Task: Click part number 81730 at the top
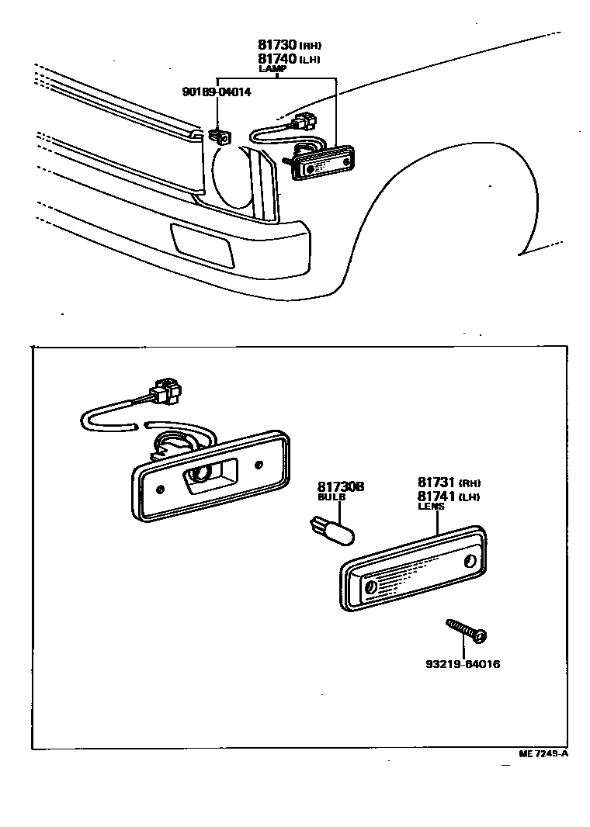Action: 277,45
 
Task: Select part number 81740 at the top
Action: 277,58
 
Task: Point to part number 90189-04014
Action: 217,92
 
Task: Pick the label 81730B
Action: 341,486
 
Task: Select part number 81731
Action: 436,483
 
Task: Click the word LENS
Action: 431,506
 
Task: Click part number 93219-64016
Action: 462,664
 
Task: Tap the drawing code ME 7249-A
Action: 544,753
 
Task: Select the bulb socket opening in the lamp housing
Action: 203,474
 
